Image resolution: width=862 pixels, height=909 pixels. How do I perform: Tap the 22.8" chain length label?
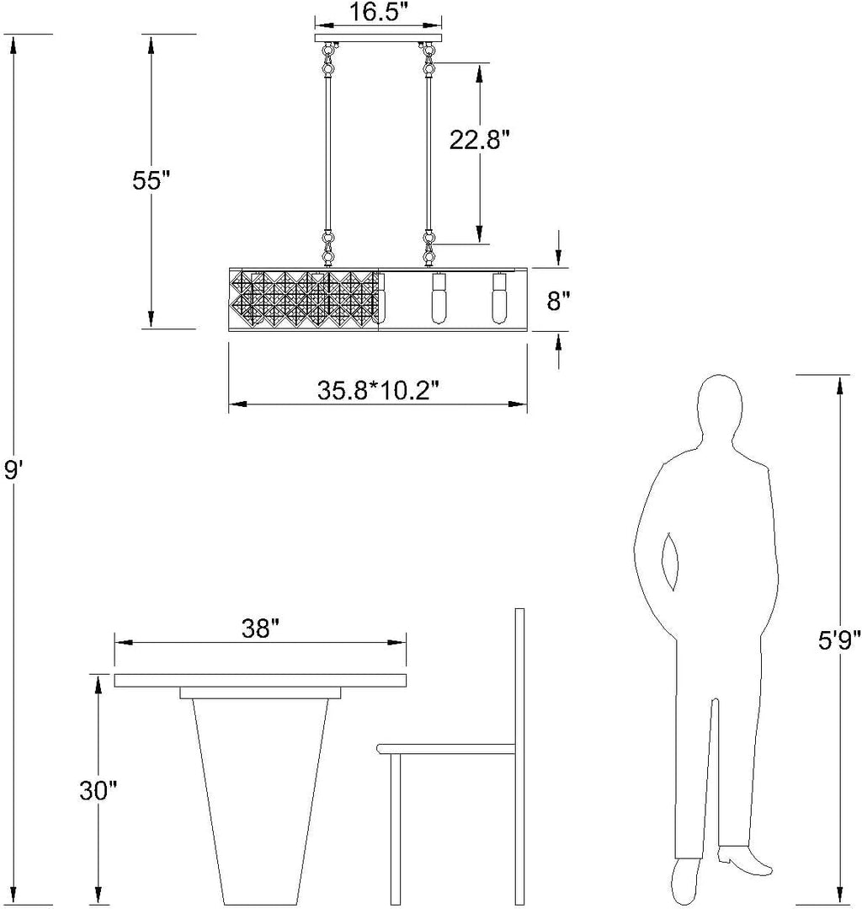pos(480,140)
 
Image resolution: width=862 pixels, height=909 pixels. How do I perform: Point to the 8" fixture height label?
pos(558,301)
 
